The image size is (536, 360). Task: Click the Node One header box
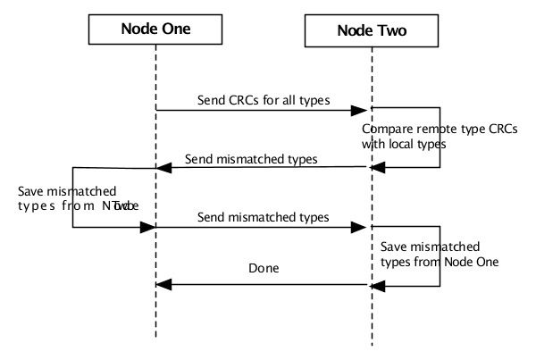(x=155, y=29)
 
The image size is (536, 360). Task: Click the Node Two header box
(x=371, y=29)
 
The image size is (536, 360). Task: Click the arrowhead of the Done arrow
(x=163, y=285)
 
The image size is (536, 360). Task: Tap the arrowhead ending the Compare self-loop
(x=378, y=167)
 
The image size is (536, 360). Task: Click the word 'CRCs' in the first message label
(x=241, y=98)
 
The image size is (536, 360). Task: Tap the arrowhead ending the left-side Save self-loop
(x=149, y=227)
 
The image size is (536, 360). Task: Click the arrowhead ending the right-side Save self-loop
(x=378, y=285)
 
